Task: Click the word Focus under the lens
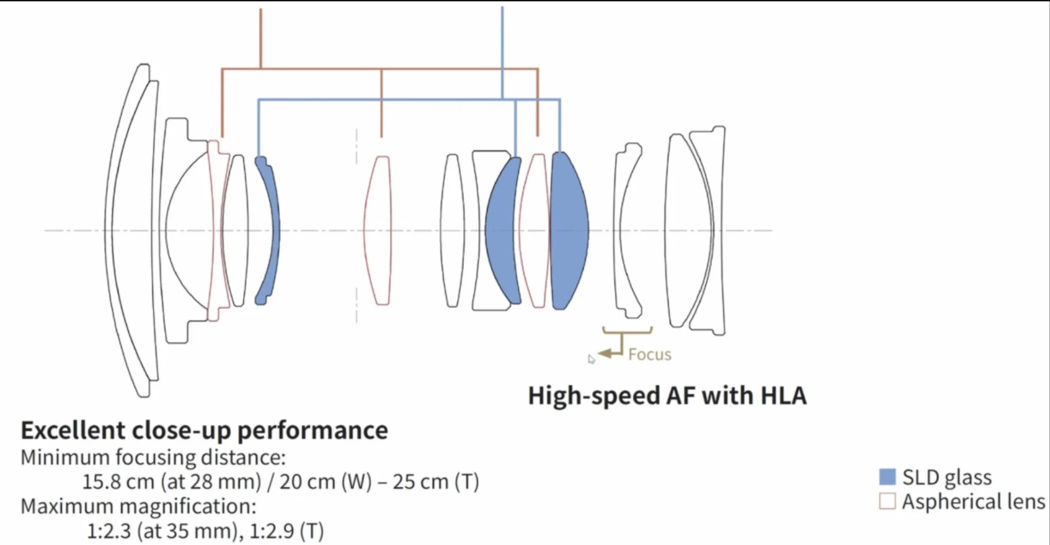pyautogui.click(x=650, y=354)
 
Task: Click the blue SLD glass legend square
pyautogui.click(x=887, y=477)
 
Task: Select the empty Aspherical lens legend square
pyautogui.click(x=887, y=501)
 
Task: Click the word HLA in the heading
pyautogui.click(x=783, y=395)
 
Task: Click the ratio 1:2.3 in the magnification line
pyautogui.click(x=109, y=531)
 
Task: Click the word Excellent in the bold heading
pyautogui.click(x=73, y=430)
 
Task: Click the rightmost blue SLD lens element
pyautogui.click(x=569, y=231)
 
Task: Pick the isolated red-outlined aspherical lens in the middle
pyautogui.click(x=377, y=230)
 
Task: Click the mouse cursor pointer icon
pyautogui.click(x=591, y=359)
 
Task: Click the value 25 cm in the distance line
pyautogui.click(x=421, y=481)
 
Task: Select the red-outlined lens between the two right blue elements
pyautogui.click(x=534, y=231)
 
